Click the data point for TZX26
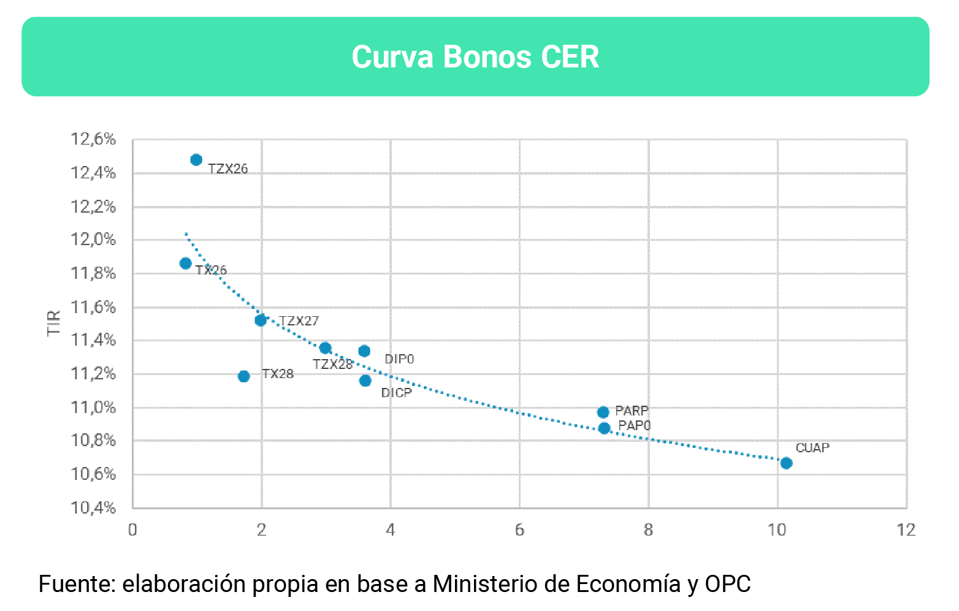pyautogui.click(x=196, y=160)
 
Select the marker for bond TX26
pyautogui.click(x=185, y=264)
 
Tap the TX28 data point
pyautogui.click(x=243, y=376)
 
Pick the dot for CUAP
pyautogui.click(x=786, y=463)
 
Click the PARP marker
pyautogui.click(x=603, y=412)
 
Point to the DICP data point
pyautogui.click(x=365, y=381)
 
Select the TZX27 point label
pyautogui.click(x=299, y=321)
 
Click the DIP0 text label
pyautogui.click(x=399, y=359)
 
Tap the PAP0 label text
pyautogui.click(x=634, y=426)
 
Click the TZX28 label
pyautogui.click(x=332, y=365)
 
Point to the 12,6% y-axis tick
pyautogui.click(x=93, y=140)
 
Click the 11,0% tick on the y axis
pyautogui.click(x=93, y=408)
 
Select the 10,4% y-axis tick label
pyautogui.click(x=93, y=508)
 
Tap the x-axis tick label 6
pyautogui.click(x=519, y=530)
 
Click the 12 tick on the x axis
pyautogui.click(x=906, y=530)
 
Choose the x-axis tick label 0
pyautogui.click(x=132, y=530)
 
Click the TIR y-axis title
pyautogui.click(x=54, y=323)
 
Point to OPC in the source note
pyautogui.click(x=727, y=584)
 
